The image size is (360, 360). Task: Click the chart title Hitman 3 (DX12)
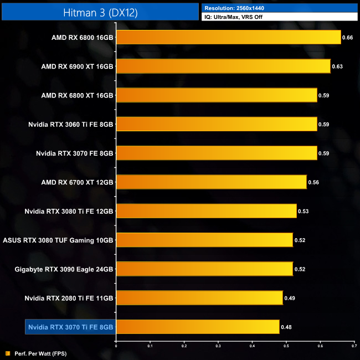point(100,11)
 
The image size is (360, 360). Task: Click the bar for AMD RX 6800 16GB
point(228,37)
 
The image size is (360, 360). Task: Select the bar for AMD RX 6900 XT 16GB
point(223,66)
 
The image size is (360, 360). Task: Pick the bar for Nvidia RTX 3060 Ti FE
point(217,124)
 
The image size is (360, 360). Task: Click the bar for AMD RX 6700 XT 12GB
point(211,182)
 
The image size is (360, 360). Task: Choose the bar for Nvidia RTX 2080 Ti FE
point(199,298)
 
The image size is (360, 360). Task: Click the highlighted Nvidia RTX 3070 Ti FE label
point(70,327)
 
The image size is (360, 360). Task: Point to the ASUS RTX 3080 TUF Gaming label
point(58,240)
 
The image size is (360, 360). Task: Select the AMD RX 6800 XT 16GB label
point(77,95)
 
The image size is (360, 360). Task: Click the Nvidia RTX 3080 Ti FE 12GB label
point(69,211)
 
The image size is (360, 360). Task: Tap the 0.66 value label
point(348,38)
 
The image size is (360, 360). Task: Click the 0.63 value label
point(337,66)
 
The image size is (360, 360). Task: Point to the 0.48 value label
point(286,327)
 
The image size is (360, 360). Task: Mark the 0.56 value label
point(313,182)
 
